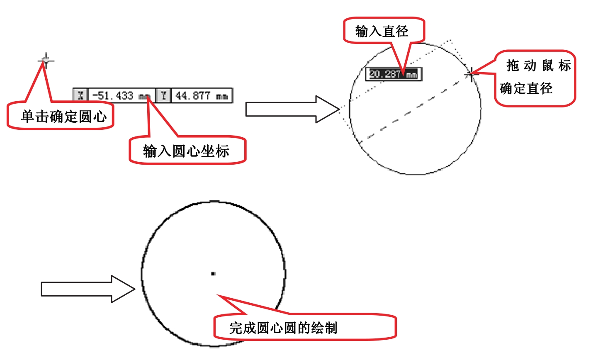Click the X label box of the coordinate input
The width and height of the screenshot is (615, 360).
[x=80, y=95]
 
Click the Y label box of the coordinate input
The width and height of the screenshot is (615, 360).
[x=164, y=95]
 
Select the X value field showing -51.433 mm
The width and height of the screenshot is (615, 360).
[x=122, y=95]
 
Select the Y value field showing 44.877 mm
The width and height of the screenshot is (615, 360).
[x=202, y=95]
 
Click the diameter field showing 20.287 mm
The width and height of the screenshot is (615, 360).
[x=394, y=74]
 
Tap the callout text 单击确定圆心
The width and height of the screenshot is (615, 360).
[x=64, y=117]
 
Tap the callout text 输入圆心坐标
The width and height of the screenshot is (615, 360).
[x=186, y=151]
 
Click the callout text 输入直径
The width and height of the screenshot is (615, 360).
[x=382, y=31]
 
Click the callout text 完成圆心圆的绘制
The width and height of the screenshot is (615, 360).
[x=283, y=328]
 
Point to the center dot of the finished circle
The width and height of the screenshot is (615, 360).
[x=213, y=273]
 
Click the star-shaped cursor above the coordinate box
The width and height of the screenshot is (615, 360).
[x=46, y=61]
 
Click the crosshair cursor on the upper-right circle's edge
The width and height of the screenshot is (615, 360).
[x=471, y=74]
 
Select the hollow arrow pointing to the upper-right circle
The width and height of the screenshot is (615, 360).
[x=293, y=109]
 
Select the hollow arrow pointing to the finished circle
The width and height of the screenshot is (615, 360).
[x=88, y=289]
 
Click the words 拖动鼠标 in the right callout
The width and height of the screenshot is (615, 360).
[x=539, y=66]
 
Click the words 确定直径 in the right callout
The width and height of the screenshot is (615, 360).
[x=526, y=88]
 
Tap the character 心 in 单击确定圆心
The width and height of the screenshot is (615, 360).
[x=100, y=117]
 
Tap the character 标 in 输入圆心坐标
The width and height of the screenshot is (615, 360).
[x=222, y=151]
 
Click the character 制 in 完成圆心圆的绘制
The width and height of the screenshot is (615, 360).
[x=331, y=328]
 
